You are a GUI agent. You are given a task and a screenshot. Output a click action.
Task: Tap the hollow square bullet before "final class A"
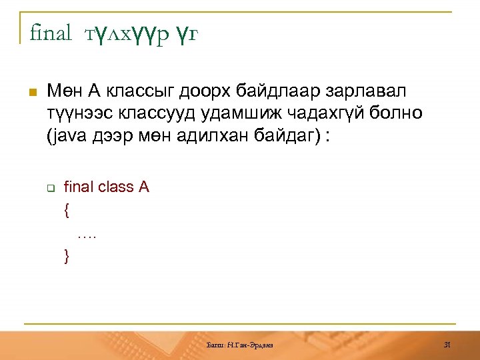(x=49, y=187)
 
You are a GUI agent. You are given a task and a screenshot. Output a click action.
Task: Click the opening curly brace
(x=67, y=210)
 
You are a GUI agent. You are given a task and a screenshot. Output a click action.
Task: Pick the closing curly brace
(x=67, y=255)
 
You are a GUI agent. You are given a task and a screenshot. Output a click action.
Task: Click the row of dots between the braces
(x=87, y=234)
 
